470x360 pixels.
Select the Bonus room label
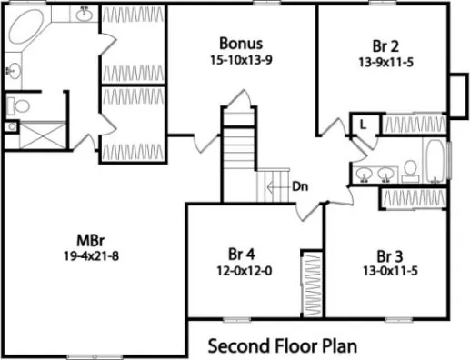[x=242, y=44]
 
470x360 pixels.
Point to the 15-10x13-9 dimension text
[x=242, y=58]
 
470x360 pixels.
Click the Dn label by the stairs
[x=302, y=186]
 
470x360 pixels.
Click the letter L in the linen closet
[x=362, y=125]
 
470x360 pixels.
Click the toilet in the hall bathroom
[x=410, y=168]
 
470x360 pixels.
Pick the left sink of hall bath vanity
[x=365, y=173]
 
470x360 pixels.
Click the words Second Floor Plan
[x=282, y=346]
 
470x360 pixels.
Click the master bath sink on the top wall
[x=83, y=13]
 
